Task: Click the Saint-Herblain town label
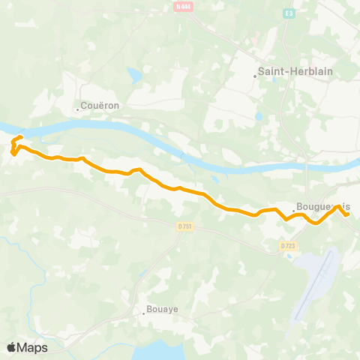tap(286, 73)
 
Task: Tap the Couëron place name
tap(100, 106)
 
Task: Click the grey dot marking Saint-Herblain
tap(255, 75)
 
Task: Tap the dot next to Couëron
tap(77, 109)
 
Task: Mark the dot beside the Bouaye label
tap(144, 311)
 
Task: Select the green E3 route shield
tap(289, 13)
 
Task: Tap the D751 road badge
tap(185, 226)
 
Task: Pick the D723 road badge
tap(287, 245)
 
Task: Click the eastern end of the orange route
tap(348, 214)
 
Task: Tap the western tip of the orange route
tap(13, 154)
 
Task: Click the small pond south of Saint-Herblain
tap(259, 117)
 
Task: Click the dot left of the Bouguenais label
tap(293, 210)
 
